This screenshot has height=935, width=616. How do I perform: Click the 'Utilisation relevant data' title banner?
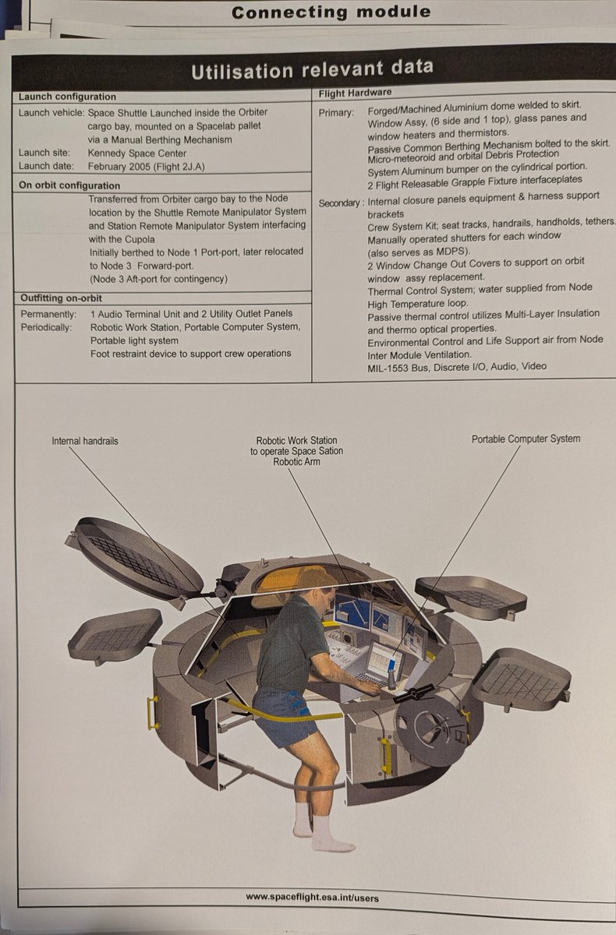click(312, 69)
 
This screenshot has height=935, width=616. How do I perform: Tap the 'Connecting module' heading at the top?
click(331, 12)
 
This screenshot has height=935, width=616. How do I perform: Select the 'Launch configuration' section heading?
click(67, 97)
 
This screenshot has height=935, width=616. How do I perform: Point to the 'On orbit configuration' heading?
click(69, 185)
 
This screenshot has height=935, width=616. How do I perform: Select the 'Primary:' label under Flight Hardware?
click(336, 112)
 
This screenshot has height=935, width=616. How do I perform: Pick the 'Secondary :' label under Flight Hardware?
click(341, 203)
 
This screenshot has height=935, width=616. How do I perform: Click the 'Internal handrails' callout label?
click(85, 441)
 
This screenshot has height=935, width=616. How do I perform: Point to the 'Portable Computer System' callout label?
click(526, 439)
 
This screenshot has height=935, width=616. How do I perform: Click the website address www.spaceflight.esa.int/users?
click(312, 897)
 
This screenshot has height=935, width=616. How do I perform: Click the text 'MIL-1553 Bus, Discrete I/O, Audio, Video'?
click(457, 366)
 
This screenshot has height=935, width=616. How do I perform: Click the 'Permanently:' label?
click(47, 314)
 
